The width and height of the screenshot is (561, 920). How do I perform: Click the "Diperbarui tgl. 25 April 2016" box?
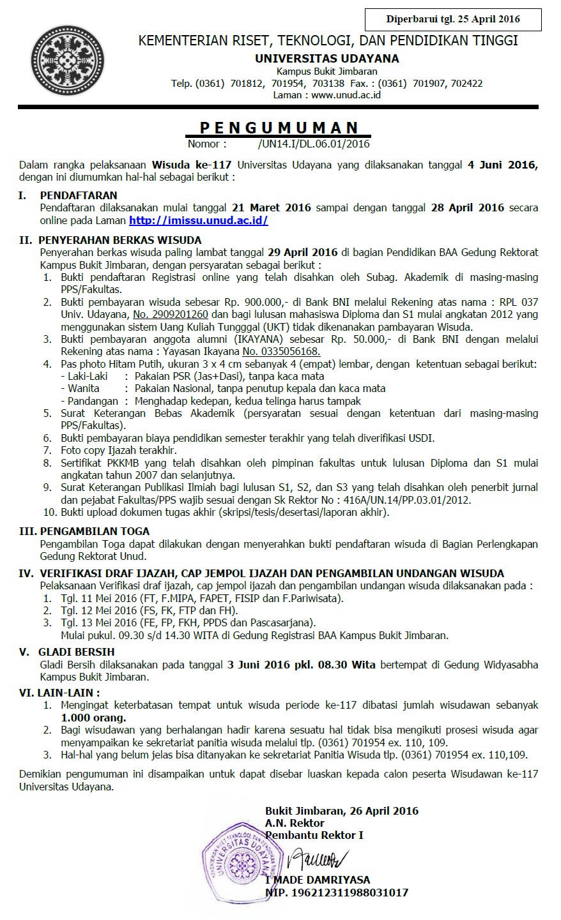point(453,19)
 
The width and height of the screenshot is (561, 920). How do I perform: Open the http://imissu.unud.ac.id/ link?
point(198,220)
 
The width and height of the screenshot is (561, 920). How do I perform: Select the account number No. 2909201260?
point(163,315)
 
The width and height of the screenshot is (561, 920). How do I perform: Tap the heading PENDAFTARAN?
point(79,195)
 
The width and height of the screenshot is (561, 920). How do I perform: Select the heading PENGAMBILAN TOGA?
point(95,531)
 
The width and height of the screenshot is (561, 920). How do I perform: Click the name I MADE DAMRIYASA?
point(318,879)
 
